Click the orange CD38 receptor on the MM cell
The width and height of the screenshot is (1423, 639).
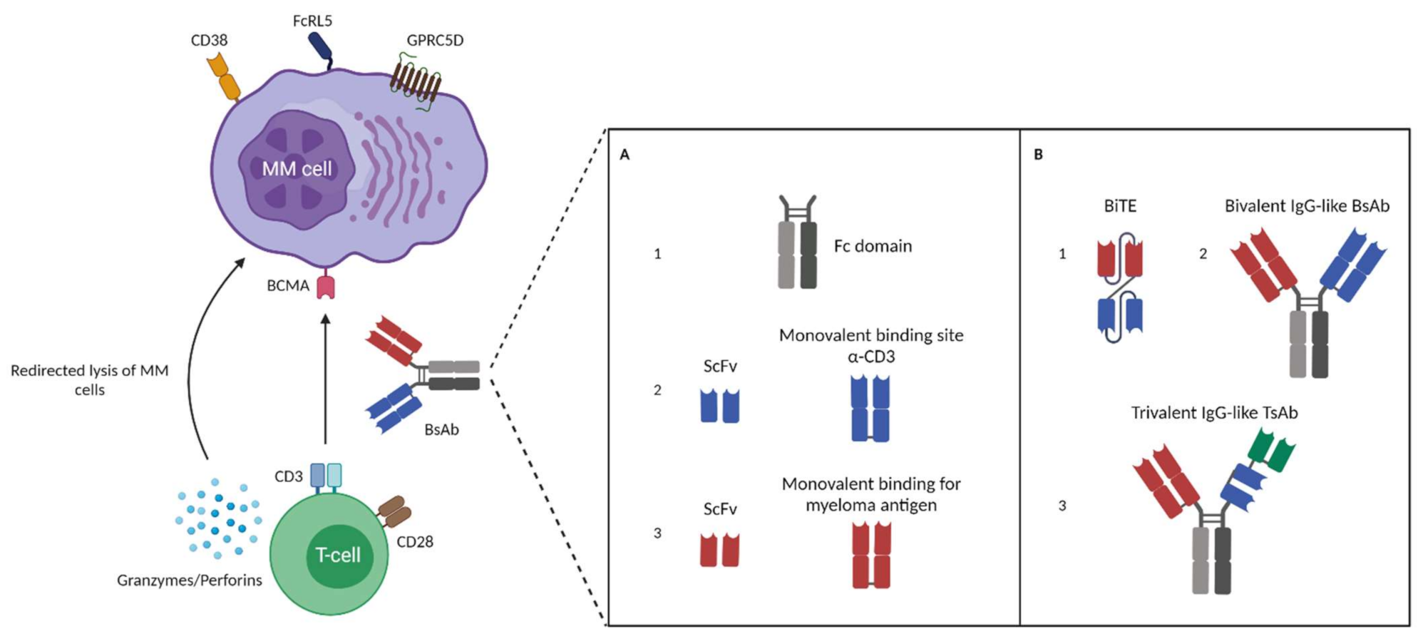point(223,77)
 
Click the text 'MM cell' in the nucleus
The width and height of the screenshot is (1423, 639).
point(297,169)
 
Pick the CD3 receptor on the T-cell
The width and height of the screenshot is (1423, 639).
point(326,476)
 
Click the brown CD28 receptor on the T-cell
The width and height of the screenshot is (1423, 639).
point(394,512)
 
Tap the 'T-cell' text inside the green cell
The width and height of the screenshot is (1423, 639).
point(338,555)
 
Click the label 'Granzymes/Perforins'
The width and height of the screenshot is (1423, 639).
point(190,581)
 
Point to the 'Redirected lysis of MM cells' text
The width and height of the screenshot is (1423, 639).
point(90,380)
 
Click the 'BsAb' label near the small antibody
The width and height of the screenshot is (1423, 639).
point(441,430)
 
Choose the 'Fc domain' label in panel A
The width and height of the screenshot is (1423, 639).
point(873,246)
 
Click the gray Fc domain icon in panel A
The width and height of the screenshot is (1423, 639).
point(798,242)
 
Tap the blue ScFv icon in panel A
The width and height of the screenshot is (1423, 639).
point(720,405)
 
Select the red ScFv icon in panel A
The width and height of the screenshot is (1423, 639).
point(720,549)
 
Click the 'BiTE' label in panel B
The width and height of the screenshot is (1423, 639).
point(1120,206)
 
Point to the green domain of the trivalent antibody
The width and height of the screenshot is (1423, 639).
point(1273,451)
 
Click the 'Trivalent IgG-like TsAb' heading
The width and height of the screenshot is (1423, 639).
point(1214,413)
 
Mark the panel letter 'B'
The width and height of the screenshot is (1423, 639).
point(1038,155)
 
